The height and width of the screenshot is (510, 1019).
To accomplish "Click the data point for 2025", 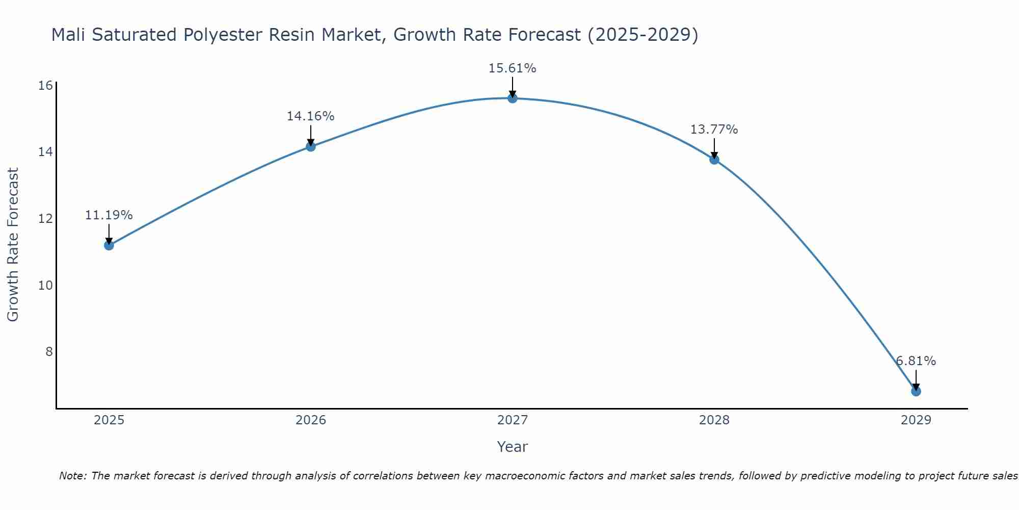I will [109, 245].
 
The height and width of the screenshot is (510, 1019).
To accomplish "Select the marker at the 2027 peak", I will [512, 98].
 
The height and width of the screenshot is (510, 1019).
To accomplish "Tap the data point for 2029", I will [916, 391].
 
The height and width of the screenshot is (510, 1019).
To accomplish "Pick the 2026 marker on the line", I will [310, 146].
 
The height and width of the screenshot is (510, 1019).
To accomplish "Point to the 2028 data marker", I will [714, 159].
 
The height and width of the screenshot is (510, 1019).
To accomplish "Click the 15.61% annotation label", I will [512, 68].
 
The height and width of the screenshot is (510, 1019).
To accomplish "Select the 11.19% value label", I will [109, 215].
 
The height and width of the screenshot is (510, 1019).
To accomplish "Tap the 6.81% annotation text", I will [916, 361].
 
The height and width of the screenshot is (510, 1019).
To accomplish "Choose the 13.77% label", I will [714, 130].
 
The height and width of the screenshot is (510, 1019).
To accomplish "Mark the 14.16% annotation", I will [310, 116].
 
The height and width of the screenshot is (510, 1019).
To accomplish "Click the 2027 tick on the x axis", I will [512, 420].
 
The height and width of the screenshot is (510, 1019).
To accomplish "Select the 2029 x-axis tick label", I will [916, 420].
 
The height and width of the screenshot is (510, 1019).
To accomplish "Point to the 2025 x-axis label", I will [109, 420].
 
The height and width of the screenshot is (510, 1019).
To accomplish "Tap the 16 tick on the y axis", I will [46, 85].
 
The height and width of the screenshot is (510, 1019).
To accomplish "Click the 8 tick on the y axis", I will [49, 351].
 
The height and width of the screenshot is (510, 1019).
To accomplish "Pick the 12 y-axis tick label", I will [46, 218].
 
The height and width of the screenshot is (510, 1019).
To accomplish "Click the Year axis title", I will [512, 447].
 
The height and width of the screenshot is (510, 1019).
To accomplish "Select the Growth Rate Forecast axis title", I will [13, 245].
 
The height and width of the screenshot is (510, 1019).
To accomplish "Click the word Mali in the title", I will [69, 35].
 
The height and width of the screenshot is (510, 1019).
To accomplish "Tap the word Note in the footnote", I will [72, 476].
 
